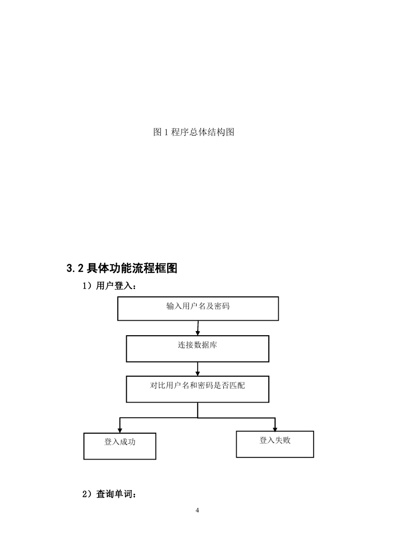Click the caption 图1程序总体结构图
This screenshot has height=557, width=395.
(194, 132)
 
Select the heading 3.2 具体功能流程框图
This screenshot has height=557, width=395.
(121, 268)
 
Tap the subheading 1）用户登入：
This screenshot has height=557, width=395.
(109, 286)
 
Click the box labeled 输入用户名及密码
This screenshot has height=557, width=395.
(198, 309)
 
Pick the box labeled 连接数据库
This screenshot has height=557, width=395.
(197, 349)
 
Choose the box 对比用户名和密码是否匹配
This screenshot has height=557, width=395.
(197, 389)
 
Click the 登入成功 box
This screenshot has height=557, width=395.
(119, 446)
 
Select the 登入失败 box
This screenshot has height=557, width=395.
(275, 444)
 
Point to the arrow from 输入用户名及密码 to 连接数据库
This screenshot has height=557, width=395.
(198, 328)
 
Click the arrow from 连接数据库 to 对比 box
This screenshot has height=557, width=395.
(198, 369)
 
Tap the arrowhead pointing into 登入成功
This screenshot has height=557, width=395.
(120, 430)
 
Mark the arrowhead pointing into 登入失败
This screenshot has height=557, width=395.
(275, 429)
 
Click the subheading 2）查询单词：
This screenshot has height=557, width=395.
(109, 494)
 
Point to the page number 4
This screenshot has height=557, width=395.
(197, 510)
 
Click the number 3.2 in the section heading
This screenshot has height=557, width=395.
(75, 268)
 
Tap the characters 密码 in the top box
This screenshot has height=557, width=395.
(222, 306)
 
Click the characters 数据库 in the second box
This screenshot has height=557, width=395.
(206, 345)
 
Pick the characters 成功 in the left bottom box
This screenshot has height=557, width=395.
(127, 442)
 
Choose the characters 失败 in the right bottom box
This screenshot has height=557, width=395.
(282, 440)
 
